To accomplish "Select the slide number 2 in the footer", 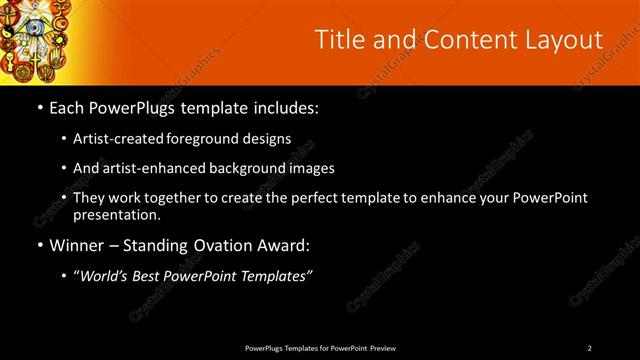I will pos(589,348).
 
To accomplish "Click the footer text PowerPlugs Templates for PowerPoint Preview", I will pos(320,348).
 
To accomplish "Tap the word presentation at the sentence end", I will pos(116,214).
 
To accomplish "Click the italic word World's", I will pos(104,276).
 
